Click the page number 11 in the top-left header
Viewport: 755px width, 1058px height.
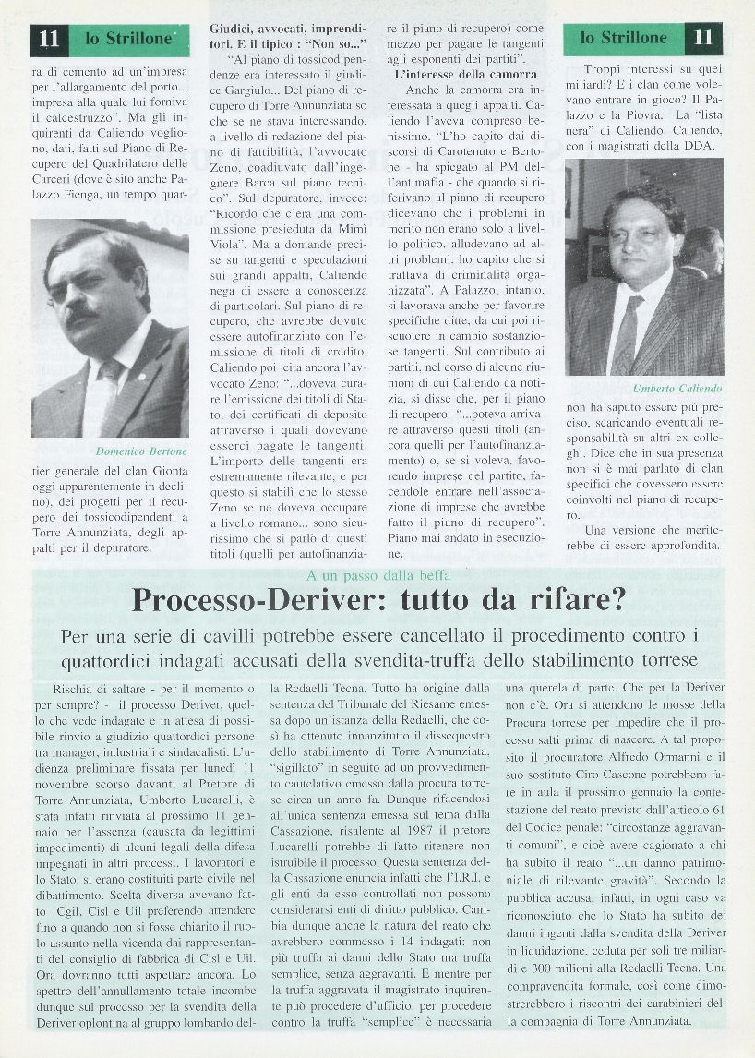click(x=49, y=39)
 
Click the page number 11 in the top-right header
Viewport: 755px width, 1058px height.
click(x=703, y=39)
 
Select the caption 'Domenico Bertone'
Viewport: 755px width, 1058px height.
click(x=141, y=451)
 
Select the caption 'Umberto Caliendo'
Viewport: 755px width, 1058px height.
click(x=676, y=389)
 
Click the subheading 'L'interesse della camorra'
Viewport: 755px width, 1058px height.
click(x=464, y=73)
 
